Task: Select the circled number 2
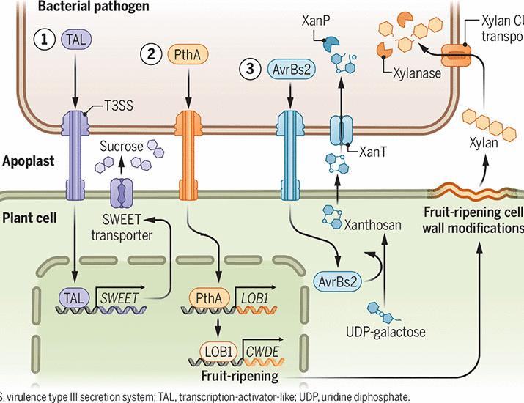[x=151, y=53]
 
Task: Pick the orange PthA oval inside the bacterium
[x=185, y=53]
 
